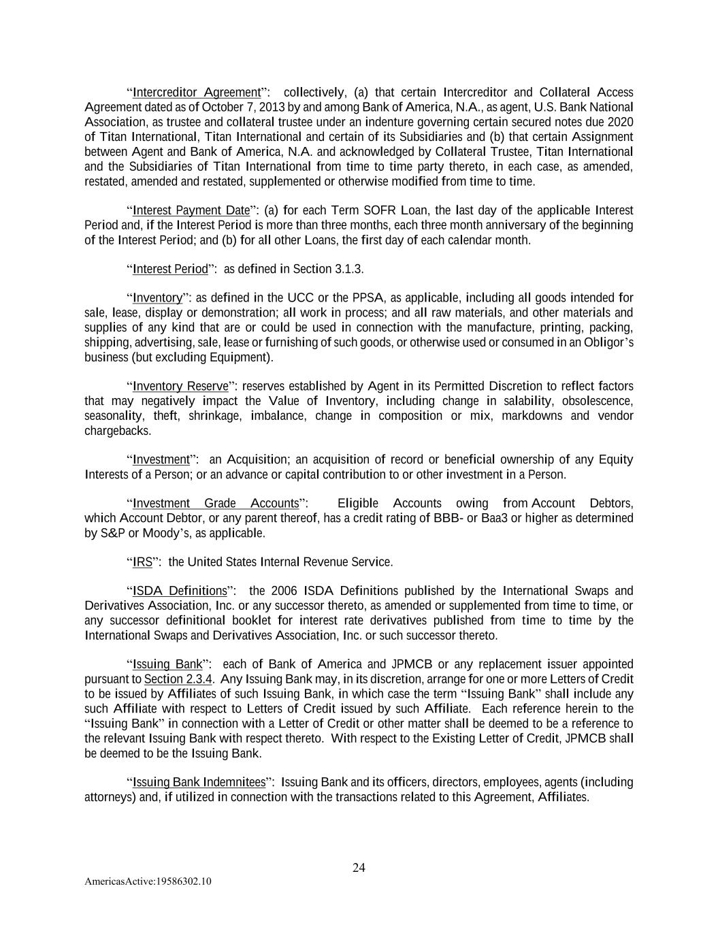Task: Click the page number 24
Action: [x=359, y=867]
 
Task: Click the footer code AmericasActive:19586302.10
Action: [x=148, y=881]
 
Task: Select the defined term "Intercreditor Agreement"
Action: [x=197, y=93]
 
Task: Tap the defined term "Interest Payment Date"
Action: [x=191, y=210]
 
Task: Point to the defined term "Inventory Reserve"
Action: [x=180, y=387]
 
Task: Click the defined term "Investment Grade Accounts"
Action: [x=216, y=504]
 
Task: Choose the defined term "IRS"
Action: [x=142, y=562]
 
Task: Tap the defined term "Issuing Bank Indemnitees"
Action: [x=199, y=782]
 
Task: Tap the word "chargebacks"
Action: [x=118, y=431]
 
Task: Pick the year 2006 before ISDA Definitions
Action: [x=284, y=591]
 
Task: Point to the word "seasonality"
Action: [x=114, y=416]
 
